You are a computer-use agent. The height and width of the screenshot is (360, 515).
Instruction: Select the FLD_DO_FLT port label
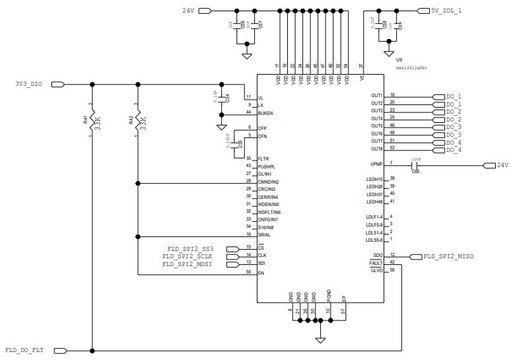(24, 350)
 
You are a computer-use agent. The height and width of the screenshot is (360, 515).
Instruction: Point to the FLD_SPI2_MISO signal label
(448, 256)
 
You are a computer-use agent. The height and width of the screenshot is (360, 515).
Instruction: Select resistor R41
(92, 120)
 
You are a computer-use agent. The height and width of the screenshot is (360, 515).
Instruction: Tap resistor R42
(137, 120)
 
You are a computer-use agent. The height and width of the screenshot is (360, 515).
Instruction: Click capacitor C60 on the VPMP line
(415, 165)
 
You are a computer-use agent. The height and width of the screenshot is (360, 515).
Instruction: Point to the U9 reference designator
(399, 60)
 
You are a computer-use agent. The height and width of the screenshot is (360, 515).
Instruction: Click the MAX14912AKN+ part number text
(411, 68)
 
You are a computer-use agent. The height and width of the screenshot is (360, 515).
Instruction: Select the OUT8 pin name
(376, 149)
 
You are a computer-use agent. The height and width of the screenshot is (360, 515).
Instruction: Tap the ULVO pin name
(376, 270)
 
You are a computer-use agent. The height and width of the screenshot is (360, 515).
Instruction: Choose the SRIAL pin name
(264, 235)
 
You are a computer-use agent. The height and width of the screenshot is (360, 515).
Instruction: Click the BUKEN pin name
(265, 113)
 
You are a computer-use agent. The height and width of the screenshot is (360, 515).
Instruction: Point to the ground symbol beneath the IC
(320, 340)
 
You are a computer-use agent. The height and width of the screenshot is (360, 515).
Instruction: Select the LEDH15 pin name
(374, 180)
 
